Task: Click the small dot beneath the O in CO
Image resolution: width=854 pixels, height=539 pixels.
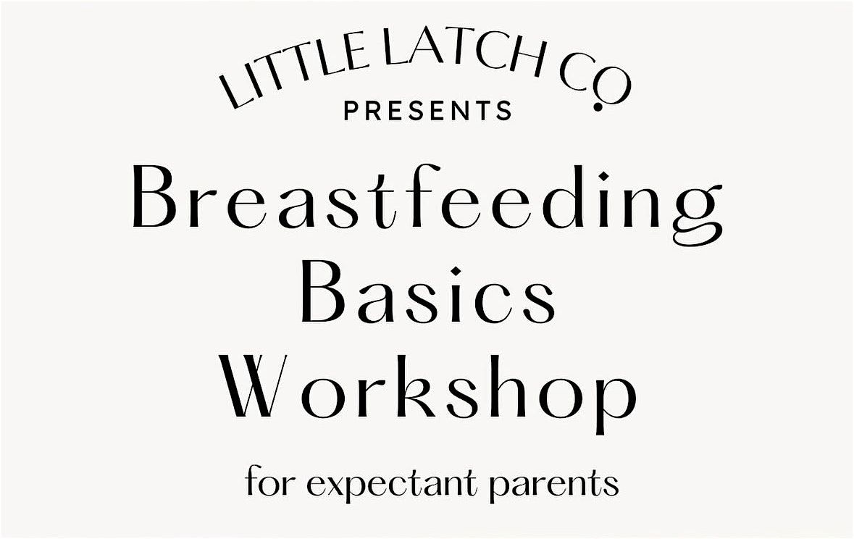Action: pos(598,106)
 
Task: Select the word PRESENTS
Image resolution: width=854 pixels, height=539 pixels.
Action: pos(428,111)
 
